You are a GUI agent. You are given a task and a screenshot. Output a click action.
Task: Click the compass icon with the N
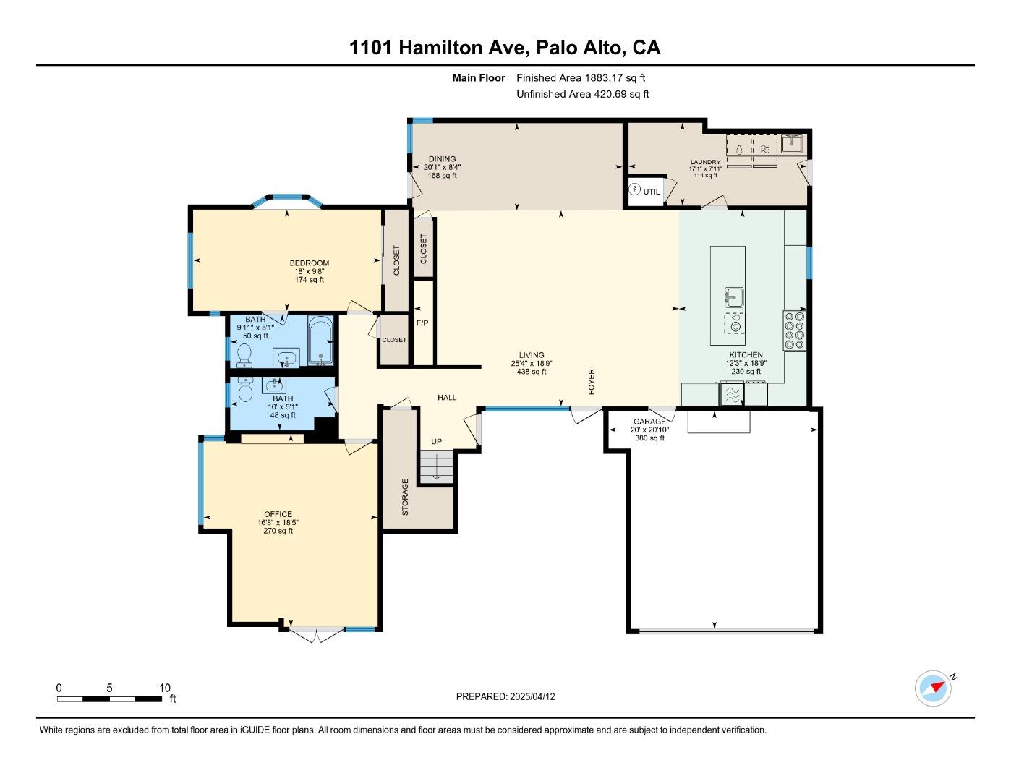point(933,688)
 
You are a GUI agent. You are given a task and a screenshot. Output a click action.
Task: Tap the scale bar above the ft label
point(109,699)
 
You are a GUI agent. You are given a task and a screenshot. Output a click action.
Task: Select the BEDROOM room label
point(309,263)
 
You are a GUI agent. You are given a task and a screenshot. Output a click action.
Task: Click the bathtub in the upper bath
point(320,341)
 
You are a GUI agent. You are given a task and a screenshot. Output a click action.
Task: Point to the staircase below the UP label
point(436,466)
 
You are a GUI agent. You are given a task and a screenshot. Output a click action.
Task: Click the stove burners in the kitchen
point(794,330)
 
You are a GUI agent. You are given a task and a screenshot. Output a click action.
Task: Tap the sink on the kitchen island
point(735,296)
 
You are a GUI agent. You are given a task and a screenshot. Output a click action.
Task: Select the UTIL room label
point(651,192)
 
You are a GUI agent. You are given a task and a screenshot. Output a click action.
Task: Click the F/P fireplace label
point(422,323)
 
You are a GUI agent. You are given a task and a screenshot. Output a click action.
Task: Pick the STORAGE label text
point(405,497)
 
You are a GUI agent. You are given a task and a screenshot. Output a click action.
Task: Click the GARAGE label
point(649,422)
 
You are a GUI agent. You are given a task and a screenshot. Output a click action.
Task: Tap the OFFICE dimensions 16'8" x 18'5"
point(278,522)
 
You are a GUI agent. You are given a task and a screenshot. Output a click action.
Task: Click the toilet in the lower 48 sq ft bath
point(244,391)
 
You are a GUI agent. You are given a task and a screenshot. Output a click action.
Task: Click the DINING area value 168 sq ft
point(442,175)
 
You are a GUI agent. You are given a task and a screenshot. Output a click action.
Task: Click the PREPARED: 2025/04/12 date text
point(505,697)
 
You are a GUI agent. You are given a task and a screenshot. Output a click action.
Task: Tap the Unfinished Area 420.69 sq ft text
point(582,94)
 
